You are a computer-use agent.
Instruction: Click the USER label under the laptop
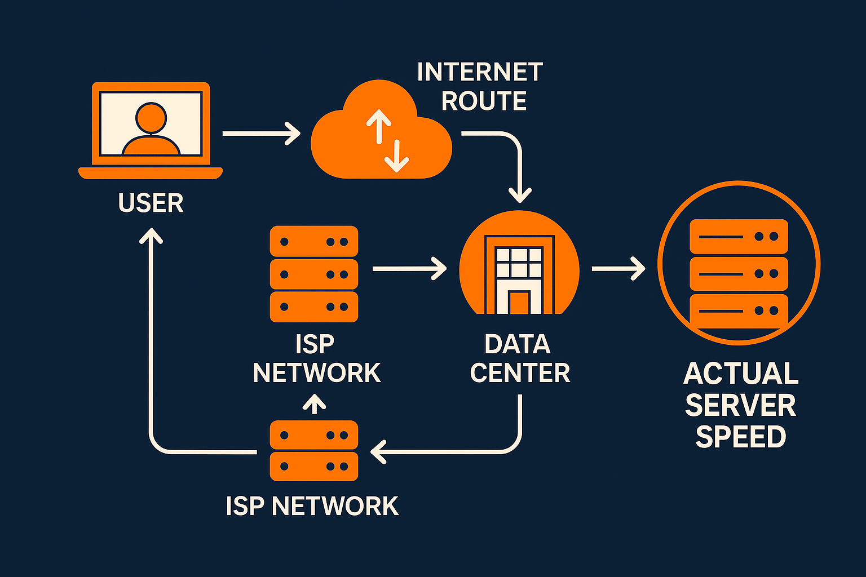151,203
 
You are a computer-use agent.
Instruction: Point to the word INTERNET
480,72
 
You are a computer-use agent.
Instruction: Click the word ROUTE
484,101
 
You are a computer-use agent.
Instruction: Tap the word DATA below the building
517,344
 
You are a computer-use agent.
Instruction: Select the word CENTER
520,373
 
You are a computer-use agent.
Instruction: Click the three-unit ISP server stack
314,274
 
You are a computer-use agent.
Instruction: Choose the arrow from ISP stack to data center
409,269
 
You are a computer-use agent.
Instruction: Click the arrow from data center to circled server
618,268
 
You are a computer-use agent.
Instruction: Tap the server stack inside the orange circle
739,274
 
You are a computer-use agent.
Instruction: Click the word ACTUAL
741,374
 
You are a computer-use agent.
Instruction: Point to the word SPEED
741,437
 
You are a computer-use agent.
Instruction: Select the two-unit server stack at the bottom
314,451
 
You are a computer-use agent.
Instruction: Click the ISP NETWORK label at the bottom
312,506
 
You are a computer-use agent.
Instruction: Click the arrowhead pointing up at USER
151,236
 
